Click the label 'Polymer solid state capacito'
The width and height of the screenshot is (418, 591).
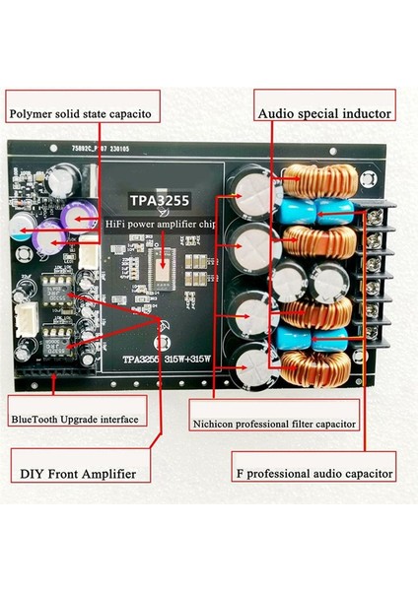[x=80, y=114]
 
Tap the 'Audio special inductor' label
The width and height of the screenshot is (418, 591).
[x=324, y=113]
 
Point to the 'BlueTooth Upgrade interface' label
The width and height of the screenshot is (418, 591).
[x=74, y=419]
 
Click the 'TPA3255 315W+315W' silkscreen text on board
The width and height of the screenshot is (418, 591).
[x=159, y=358]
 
